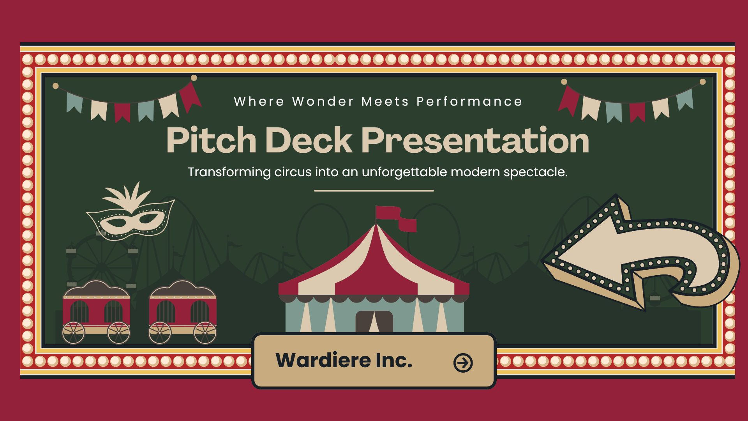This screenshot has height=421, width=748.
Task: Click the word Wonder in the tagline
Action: coord(323,101)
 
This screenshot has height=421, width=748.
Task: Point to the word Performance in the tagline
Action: coord(469,101)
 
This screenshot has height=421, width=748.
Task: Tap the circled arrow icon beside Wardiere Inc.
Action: coord(463,363)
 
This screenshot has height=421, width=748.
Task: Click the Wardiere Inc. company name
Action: coord(344,360)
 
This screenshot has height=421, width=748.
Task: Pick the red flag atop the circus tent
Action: coord(395,218)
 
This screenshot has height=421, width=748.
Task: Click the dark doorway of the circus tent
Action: coord(374,322)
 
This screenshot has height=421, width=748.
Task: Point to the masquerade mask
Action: coord(131,218)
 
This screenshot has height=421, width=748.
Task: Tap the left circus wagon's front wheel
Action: coord(74,333)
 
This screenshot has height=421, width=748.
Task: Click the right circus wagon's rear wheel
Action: coord(205,333)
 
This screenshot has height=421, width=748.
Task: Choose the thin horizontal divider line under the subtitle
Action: coord(374,191)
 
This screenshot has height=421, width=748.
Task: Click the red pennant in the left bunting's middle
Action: coord(122,112)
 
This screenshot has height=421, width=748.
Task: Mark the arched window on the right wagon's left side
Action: coord(166,312)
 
